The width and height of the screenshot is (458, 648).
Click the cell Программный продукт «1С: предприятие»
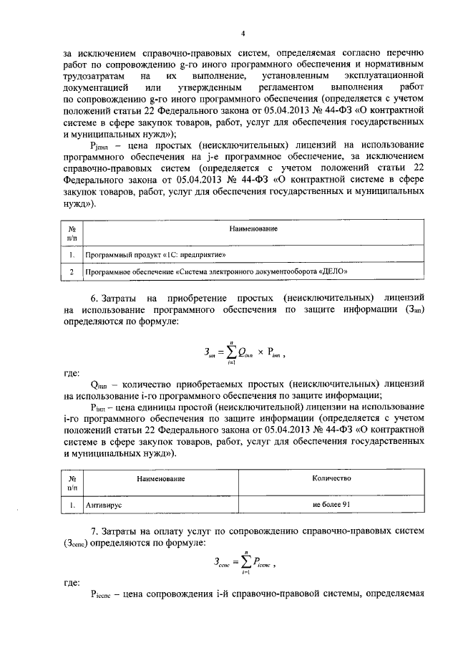coord(155,253)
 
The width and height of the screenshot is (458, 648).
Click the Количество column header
coord(331,478)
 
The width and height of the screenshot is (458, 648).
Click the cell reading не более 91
coord(331,504)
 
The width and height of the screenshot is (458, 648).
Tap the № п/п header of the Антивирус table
coord(72,482)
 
